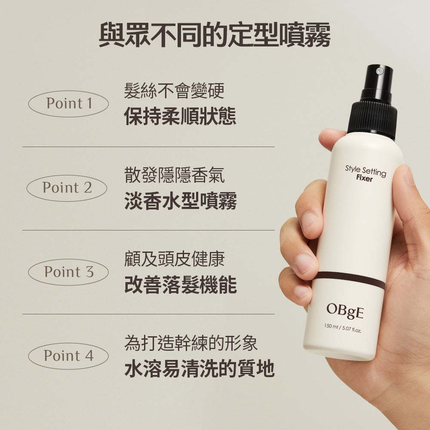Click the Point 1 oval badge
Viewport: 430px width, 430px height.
click(68, 104)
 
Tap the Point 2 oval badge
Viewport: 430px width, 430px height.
click(67, 188)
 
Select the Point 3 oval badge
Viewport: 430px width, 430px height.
click(68, 272)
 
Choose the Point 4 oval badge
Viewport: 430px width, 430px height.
click(68, 356)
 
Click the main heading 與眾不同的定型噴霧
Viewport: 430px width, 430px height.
click(215, 36)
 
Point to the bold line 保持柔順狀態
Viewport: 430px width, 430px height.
click(180, 117)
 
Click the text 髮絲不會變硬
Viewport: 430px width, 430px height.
click(174, 91)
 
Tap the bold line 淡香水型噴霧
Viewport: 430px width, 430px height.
click(180, 201)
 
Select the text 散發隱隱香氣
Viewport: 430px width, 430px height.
click(174, 175)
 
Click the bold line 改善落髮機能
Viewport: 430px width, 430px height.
click(180, 285)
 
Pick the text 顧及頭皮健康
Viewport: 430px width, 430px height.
click(174, 259)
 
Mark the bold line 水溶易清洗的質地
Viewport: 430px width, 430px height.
click(199, 369)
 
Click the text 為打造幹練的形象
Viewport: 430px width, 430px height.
click(191, 344)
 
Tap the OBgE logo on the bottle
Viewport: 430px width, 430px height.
click(344, 310)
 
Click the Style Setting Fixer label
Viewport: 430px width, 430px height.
click(365, 173)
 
